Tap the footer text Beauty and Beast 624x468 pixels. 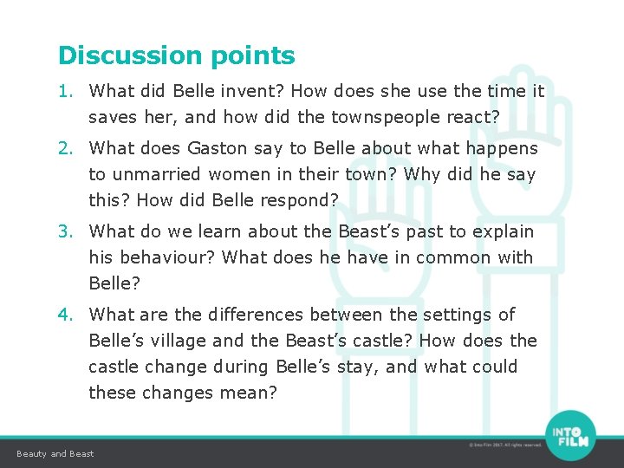(55, 454)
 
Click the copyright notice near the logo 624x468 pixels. (504, 445)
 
